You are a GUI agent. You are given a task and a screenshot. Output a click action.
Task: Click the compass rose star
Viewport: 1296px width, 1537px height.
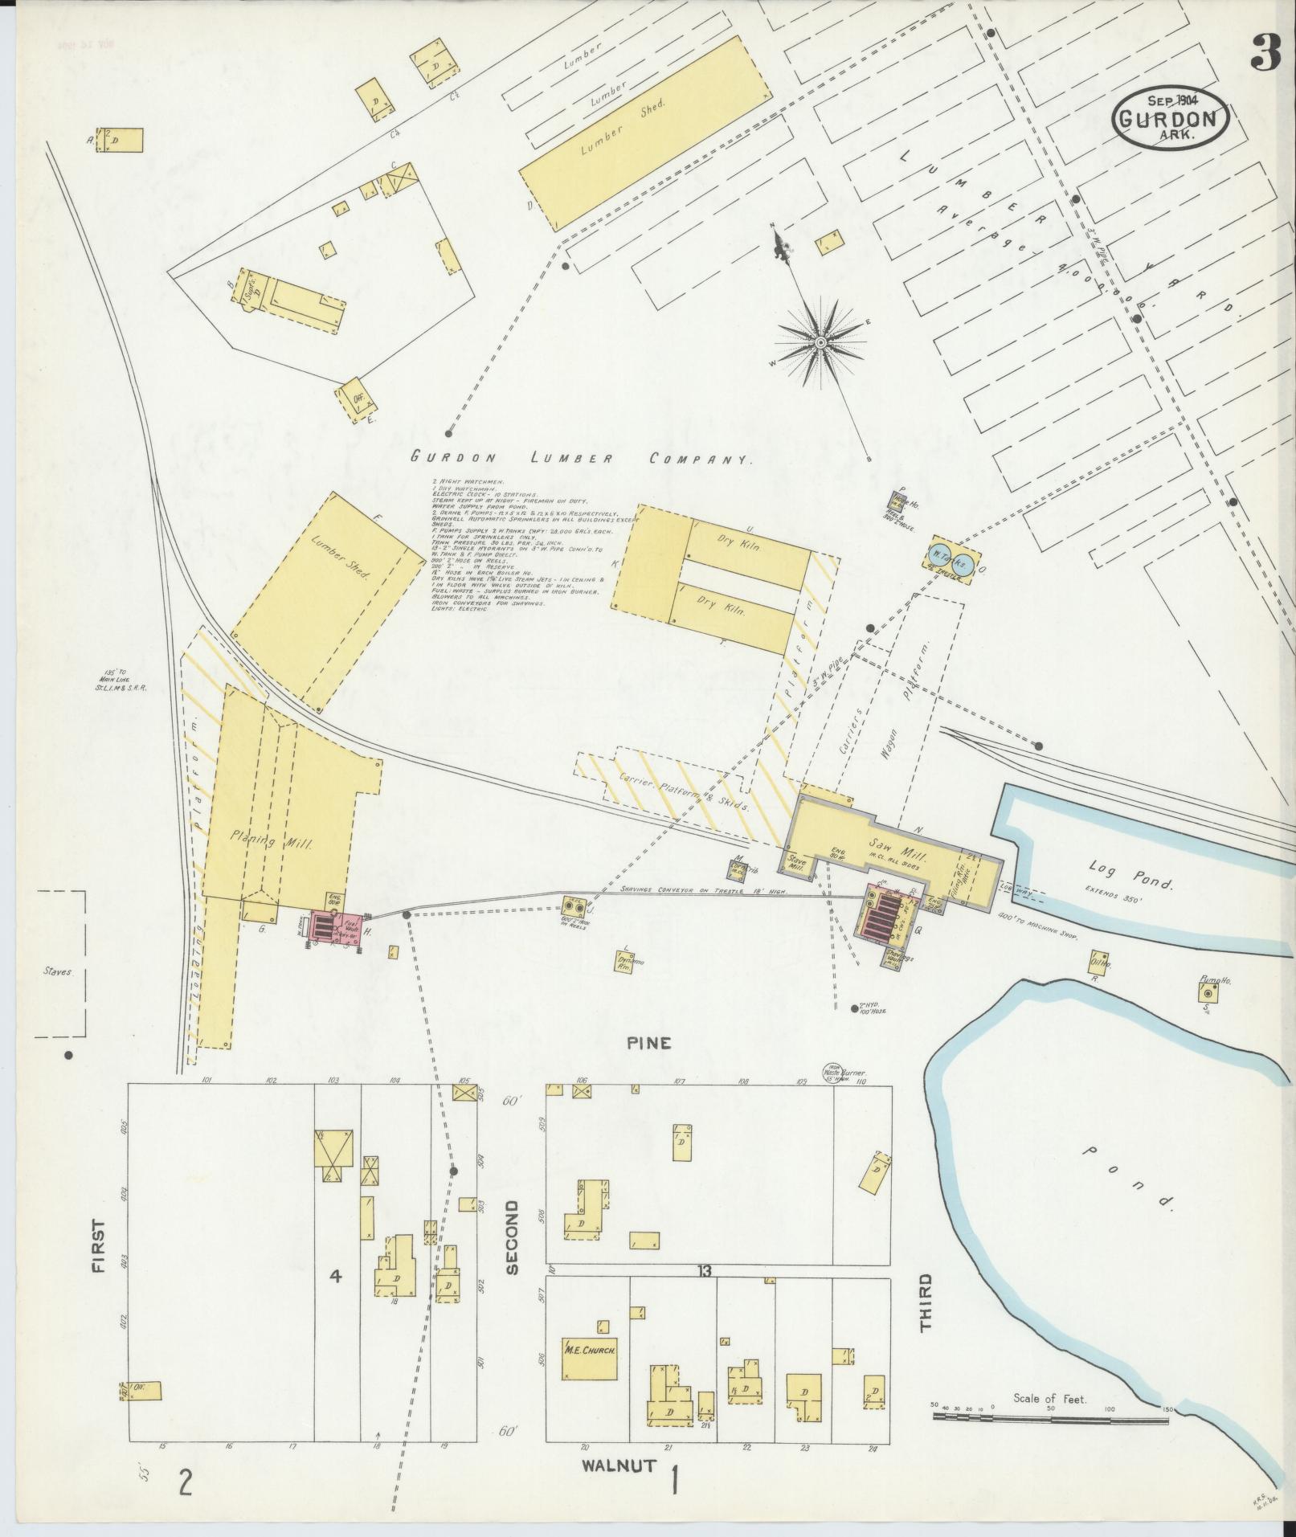pos(821,343)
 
